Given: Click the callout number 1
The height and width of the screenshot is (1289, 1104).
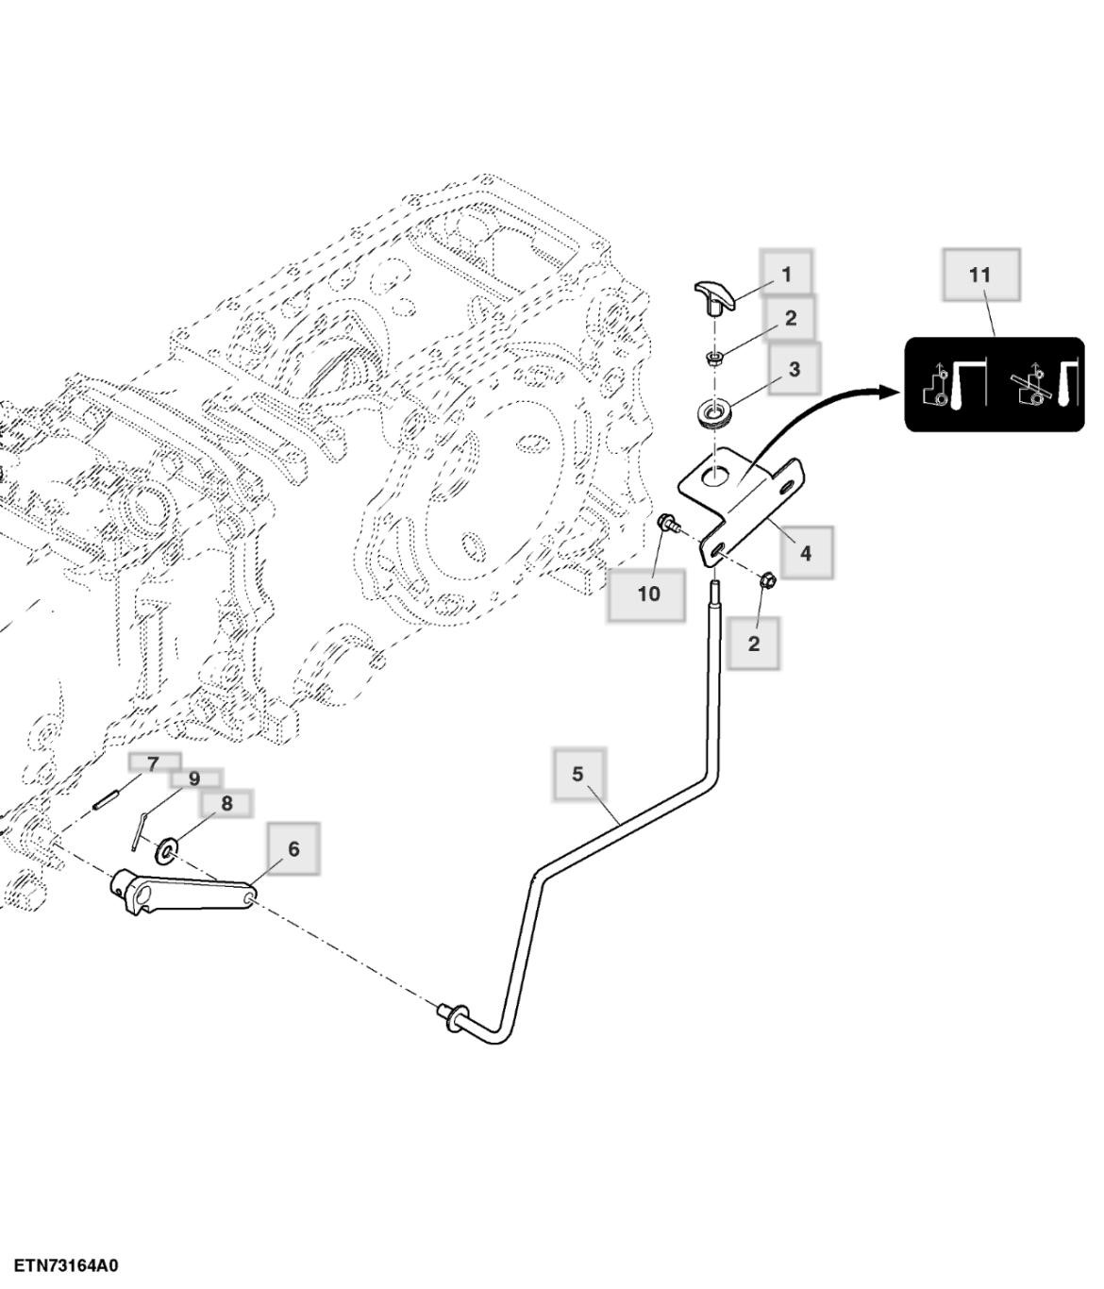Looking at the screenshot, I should click(786, 275).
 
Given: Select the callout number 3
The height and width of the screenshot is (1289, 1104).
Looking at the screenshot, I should click(794, 369).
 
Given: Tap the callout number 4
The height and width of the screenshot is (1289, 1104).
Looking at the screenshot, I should click(805, 553).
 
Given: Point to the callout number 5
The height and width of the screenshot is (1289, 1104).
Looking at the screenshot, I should click(578, 774).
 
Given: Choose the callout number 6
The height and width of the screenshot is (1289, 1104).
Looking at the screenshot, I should click(293, 848).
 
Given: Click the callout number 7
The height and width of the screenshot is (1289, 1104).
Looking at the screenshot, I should click(153, 763).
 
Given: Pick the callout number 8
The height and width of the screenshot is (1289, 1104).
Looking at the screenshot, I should click(226, 803).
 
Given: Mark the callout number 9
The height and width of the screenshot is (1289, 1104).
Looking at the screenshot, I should click(194, 778).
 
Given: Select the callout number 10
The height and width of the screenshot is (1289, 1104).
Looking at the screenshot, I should click(648, 594).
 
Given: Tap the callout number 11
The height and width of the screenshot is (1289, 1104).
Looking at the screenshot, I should click(980, 275).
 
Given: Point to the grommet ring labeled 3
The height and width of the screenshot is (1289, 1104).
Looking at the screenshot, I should click(715, 414).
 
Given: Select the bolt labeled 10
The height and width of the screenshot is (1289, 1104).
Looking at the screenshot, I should click(667, 523).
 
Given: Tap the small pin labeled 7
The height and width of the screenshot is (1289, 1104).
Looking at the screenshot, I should click(104, 798).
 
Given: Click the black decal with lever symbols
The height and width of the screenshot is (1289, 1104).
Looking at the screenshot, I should click(995, 385).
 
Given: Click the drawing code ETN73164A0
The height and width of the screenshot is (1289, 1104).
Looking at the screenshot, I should click(67, 1265).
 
